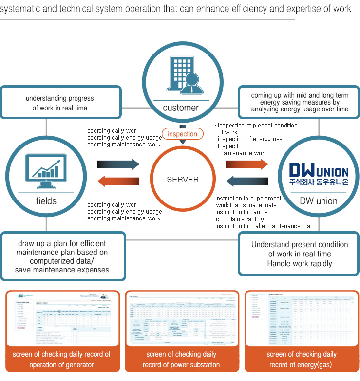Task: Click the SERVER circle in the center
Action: (183, 180)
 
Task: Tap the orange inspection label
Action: (183, 134)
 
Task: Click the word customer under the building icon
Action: (181, 108)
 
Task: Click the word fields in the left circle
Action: (46, 201)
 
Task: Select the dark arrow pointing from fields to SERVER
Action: (118, 163)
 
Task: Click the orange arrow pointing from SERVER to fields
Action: (118, 181)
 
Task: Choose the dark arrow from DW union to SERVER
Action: (246, 181)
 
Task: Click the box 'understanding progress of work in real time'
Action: (59, 103)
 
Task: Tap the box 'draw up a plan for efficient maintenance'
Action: (62, 256)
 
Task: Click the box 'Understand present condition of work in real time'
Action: (300, 254)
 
